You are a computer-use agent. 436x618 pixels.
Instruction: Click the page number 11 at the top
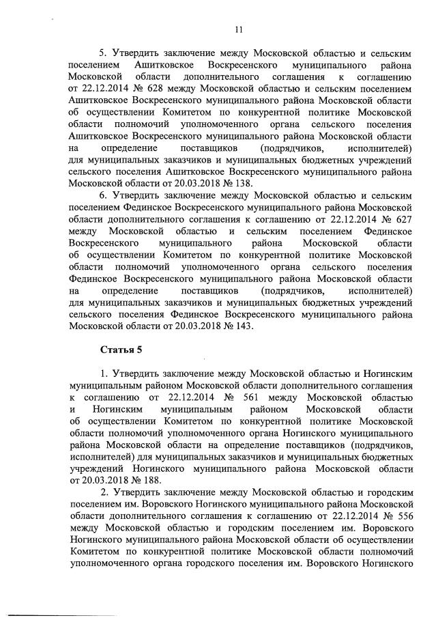238,29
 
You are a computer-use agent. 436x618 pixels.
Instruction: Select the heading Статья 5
121,350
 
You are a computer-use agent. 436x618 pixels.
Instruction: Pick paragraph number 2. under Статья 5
104,492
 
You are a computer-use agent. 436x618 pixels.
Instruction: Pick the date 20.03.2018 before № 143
189,326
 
